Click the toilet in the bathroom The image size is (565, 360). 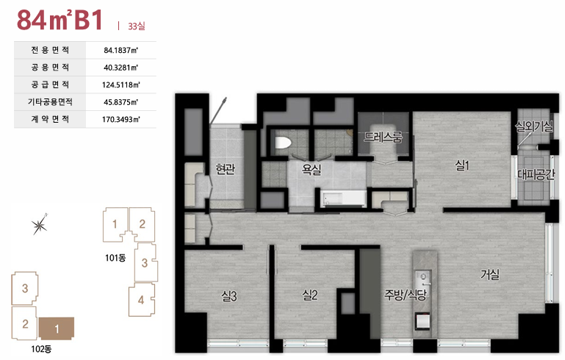coord(283,143)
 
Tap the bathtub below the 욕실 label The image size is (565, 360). coord(343,198)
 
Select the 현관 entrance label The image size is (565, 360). coord(226,168)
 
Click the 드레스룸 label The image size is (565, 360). coord(383,137)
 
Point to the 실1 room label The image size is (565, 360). coord(462,165)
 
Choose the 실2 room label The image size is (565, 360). coord(310,295)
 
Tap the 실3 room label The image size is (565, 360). coord(229,296)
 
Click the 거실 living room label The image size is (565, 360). coord(490,274)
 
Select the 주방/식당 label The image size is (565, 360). coord(405,295)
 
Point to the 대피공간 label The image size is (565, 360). coord(536,174)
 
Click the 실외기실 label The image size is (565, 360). coord(534,126)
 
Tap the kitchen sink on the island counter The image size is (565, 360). coord(422,277)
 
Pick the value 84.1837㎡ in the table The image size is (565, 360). coord(121,50)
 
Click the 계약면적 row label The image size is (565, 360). coord(50,119)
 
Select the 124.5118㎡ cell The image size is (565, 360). coord(121,84)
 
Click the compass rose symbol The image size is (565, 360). coord(39,225)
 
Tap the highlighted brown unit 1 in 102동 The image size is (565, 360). coord(57,328)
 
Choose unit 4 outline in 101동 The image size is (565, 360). coord(142,300)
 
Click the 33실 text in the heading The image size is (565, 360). coord(137,26)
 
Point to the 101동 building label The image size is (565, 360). coord(115,258)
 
